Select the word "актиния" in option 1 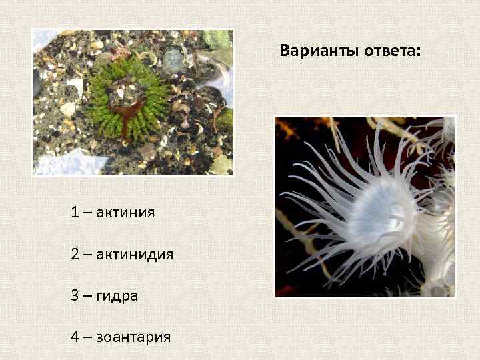pyautogui.click(x=125, y=213)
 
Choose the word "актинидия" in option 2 pyautogui.click(x=135, y=254)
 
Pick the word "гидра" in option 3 pyautogui.click(x=117, y=295)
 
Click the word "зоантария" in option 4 pyautogui.click(x=133, y=337)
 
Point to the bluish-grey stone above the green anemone pyautogui.click(x=174, y=60)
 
